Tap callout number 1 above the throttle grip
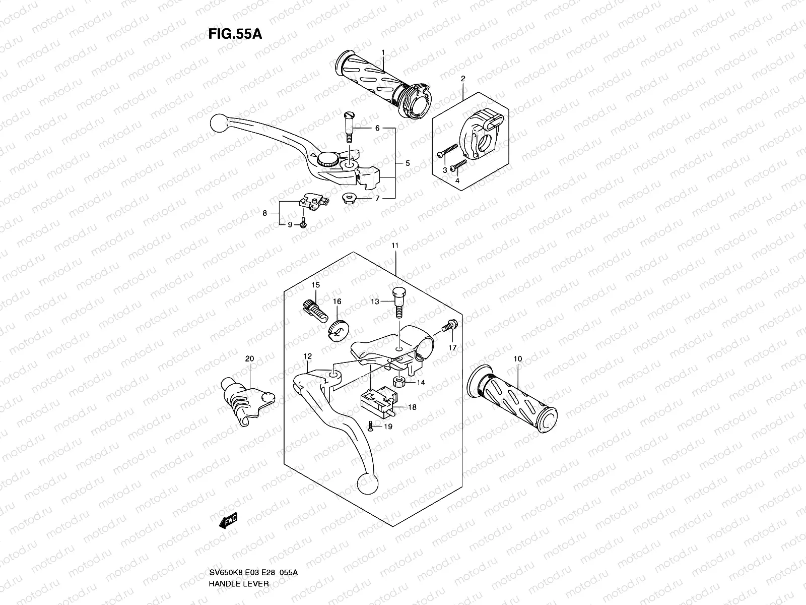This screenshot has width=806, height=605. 383,52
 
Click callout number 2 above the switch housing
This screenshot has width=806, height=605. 463,78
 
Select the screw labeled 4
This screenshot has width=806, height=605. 459,164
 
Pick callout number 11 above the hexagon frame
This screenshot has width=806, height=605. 395,245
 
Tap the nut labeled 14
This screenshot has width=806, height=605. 398,381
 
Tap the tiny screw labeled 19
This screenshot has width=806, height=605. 370,427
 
